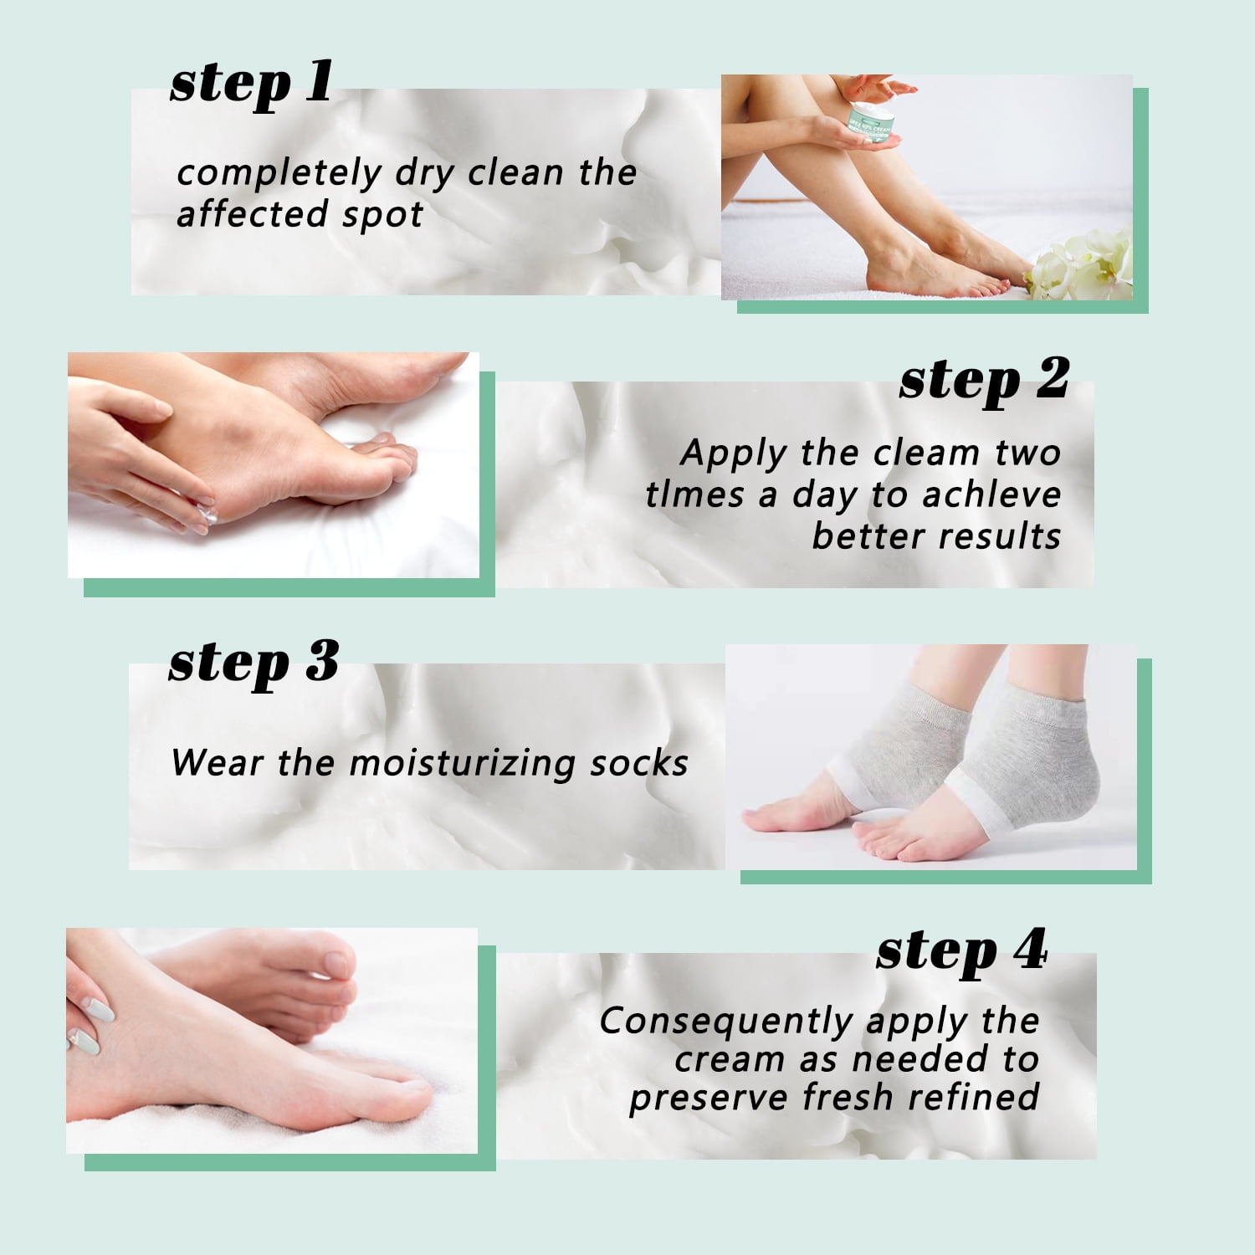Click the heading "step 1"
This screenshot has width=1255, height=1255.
(x=251, y=84)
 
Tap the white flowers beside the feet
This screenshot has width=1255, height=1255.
(x=1079, y=264)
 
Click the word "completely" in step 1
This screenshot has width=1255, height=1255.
(x=279, y=174)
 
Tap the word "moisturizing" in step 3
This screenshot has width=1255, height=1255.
(x=460, y=764)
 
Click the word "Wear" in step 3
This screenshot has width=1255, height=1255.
(x=217, y=763)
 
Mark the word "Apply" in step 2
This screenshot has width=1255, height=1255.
(x=734, y=454)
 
